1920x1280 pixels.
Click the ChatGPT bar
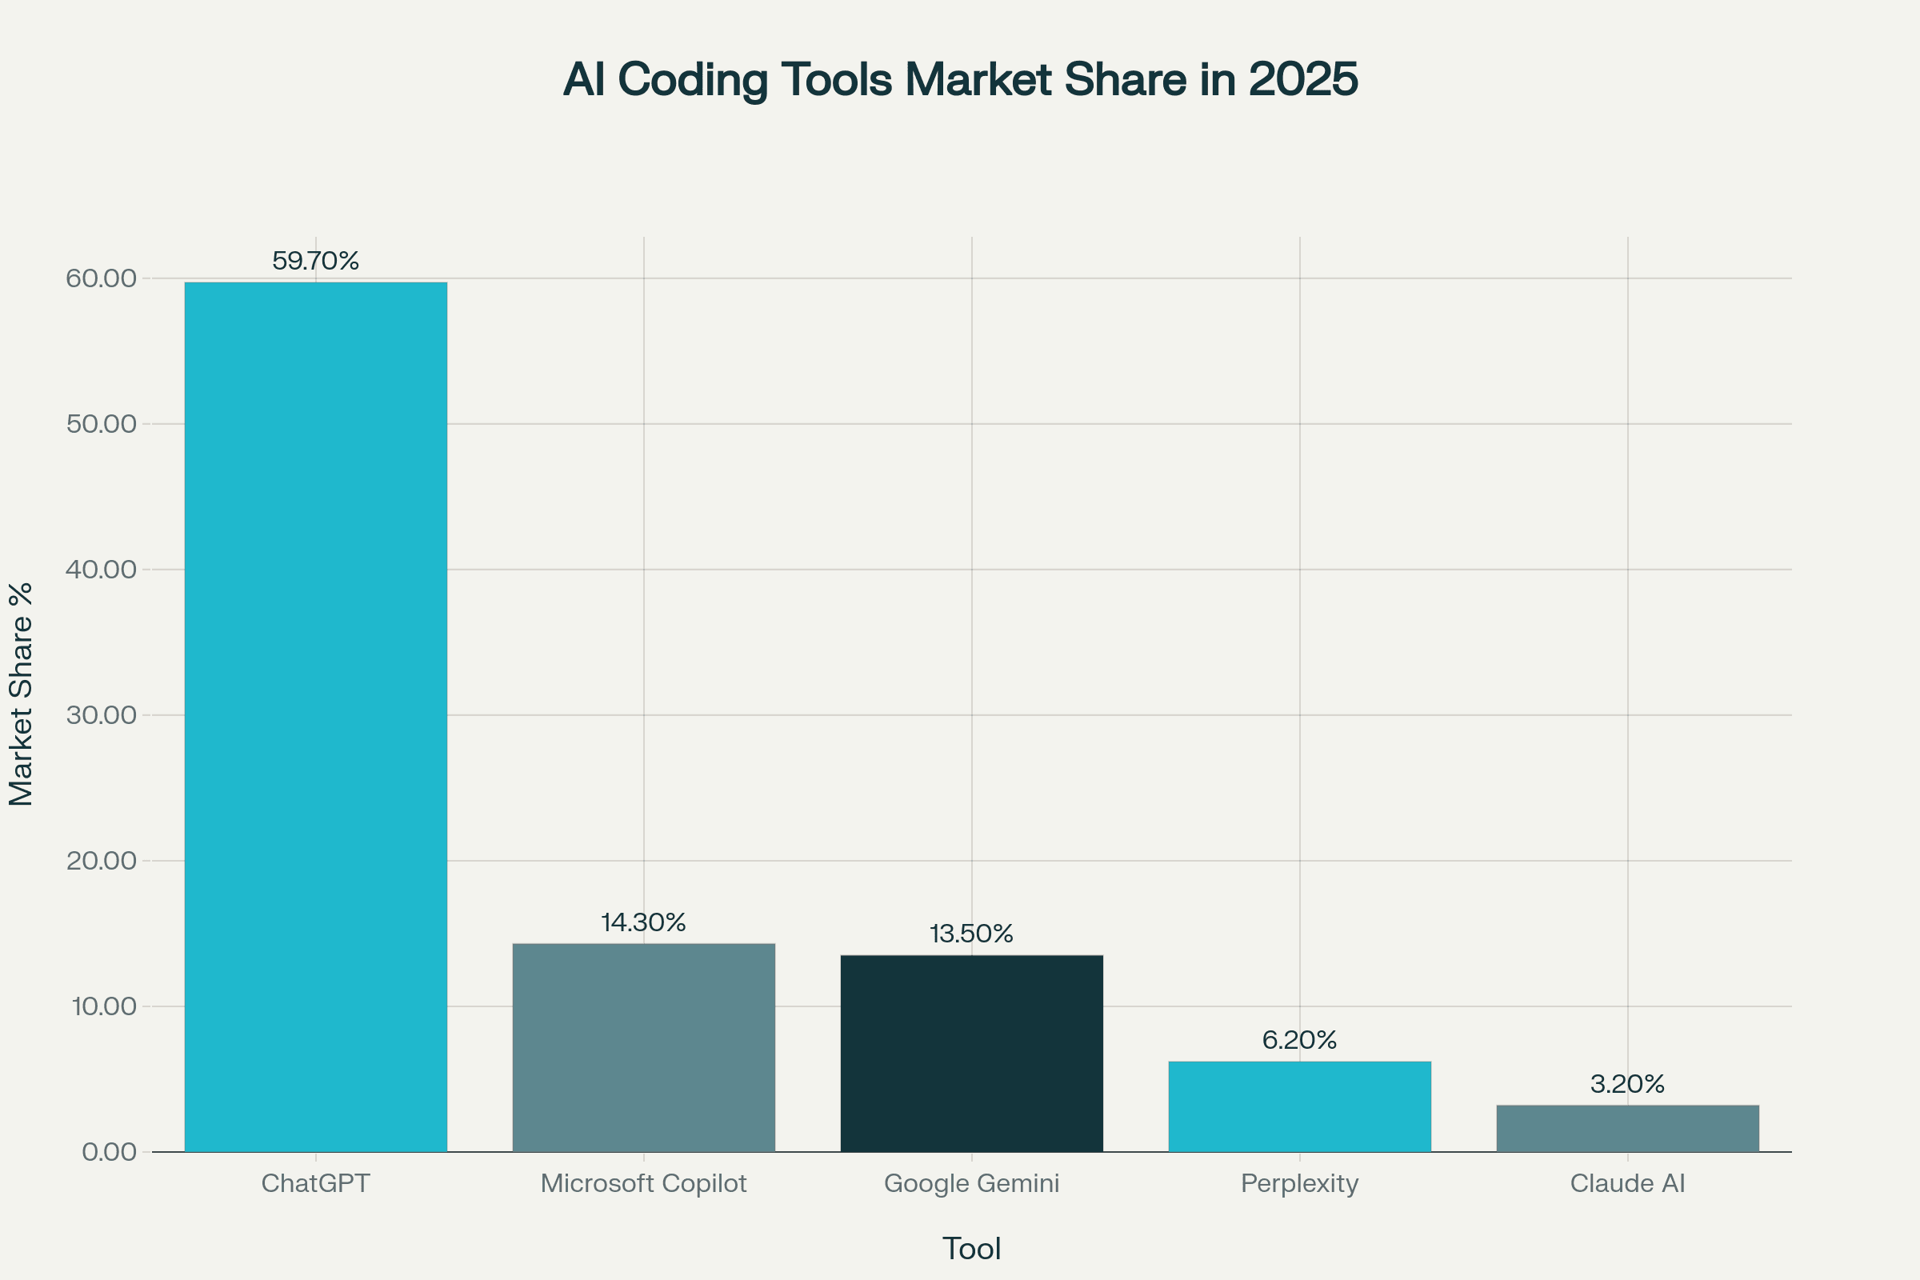coord(315,717)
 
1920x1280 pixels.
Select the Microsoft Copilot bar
coord(643,1047)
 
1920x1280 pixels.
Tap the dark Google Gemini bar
coord(971,1053)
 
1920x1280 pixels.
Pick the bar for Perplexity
coord(1299,1106)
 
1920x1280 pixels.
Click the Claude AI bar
coord(1628,1128)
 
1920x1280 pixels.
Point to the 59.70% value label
coord(315,262)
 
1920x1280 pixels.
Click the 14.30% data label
coord(643,922)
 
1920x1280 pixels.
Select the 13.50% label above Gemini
coord(971,934)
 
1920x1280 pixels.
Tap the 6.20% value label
coord(1299,1040)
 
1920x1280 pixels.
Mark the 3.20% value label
coord(1628,1084)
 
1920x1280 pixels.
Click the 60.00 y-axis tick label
coord(102,278)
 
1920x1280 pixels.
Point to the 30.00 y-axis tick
coord(102,715)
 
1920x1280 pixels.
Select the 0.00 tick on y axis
coord(110,1152)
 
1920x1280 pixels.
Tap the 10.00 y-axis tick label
coord(105,1006)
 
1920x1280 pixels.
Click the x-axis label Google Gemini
coord(971,1184)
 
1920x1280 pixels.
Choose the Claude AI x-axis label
coord(1628,1184)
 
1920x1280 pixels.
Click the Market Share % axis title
coord(22,694)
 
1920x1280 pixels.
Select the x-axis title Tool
coord(971,1249)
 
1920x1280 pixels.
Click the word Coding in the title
coord(692,80)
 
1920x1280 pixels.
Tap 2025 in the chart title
coord(1303,80)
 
